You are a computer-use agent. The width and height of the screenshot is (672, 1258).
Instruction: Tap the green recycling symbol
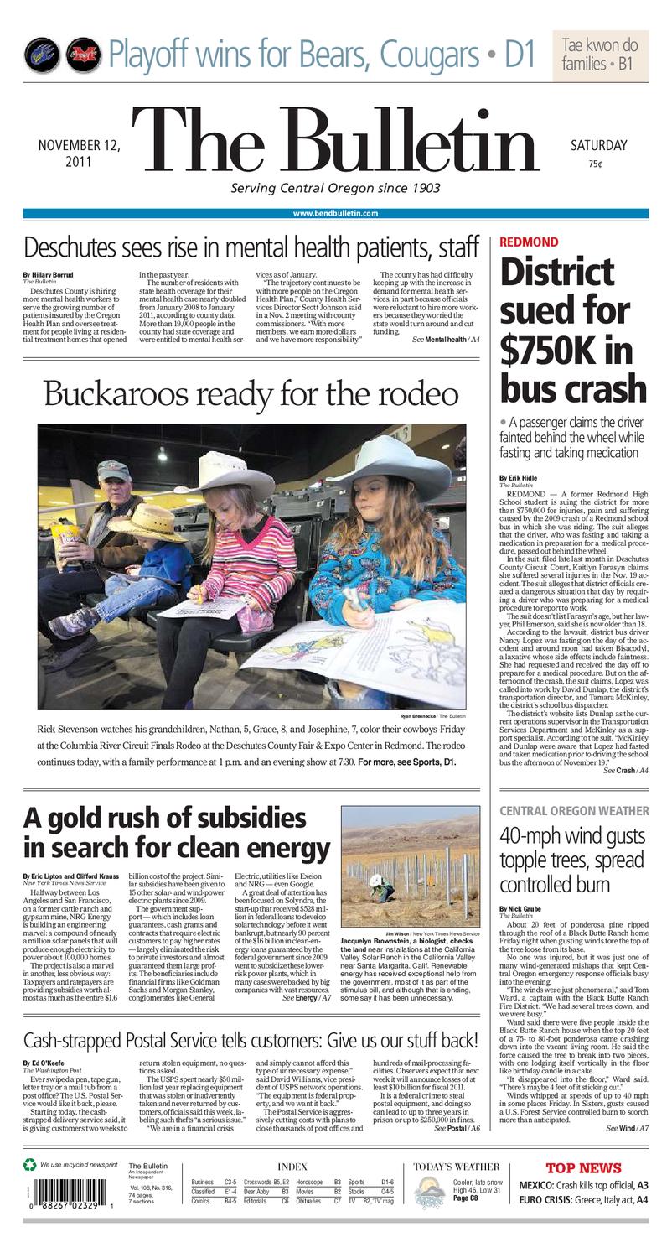[x=30, y=1164]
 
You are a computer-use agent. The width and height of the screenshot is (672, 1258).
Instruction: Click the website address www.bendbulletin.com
[x=335, y=214]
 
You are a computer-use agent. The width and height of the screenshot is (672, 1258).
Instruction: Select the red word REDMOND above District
[x=528, y=242]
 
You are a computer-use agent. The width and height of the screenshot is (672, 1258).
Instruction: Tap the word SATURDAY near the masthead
[x=598, y=145]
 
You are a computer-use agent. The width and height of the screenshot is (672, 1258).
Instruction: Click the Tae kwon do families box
[x=600, y=54]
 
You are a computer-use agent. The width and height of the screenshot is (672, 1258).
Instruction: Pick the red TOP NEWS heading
[x=583, y=1167]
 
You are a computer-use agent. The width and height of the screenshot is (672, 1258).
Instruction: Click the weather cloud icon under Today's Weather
[x=430, y=1192]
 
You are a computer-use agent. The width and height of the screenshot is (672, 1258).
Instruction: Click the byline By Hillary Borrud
[x=48, y=275]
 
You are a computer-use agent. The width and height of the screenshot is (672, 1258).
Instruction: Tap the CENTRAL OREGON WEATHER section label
[x=574, y=810]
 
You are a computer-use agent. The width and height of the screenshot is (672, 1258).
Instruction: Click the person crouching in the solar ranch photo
[x=377, y=883]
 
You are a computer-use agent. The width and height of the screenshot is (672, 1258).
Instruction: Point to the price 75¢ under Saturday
[x=595, y=164]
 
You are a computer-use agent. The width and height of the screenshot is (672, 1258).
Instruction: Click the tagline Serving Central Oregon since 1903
[x=335, y=188]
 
